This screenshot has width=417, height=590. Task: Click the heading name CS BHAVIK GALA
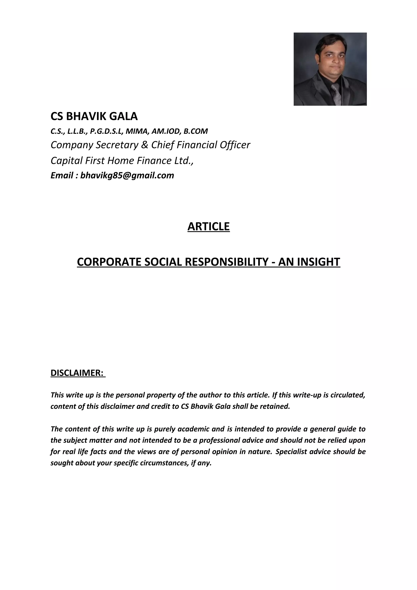click(94, 116)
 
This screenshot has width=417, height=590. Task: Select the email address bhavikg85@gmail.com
click(127, 175)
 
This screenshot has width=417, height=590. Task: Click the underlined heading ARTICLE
click(208, 226)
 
